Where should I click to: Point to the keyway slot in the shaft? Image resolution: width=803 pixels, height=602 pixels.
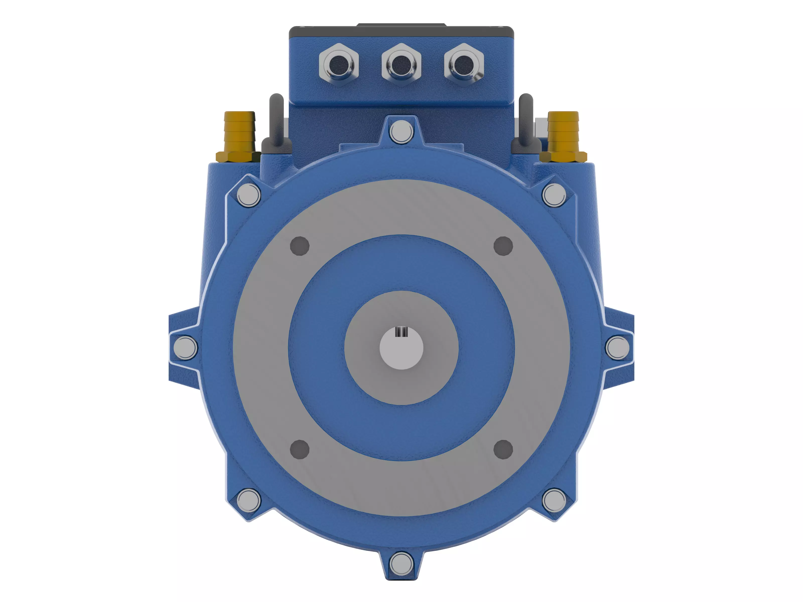[x=401, y=331]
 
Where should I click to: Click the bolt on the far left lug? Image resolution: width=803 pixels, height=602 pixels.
[x=185, y=348]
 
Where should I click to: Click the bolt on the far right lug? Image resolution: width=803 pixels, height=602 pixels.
[x=618, y=348]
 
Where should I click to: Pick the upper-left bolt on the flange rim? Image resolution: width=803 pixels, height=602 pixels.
[x=249, y=195]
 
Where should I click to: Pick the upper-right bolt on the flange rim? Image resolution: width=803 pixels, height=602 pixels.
[x=554, y=195]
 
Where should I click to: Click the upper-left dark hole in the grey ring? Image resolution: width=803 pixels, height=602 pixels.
[x=300, y=246]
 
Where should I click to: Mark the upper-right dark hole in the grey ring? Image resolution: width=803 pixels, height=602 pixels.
[x=503, y=246]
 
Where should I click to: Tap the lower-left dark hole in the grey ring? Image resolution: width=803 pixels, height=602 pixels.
[x=300, y=449]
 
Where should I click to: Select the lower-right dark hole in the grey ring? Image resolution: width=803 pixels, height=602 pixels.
[x=503, y=449]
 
